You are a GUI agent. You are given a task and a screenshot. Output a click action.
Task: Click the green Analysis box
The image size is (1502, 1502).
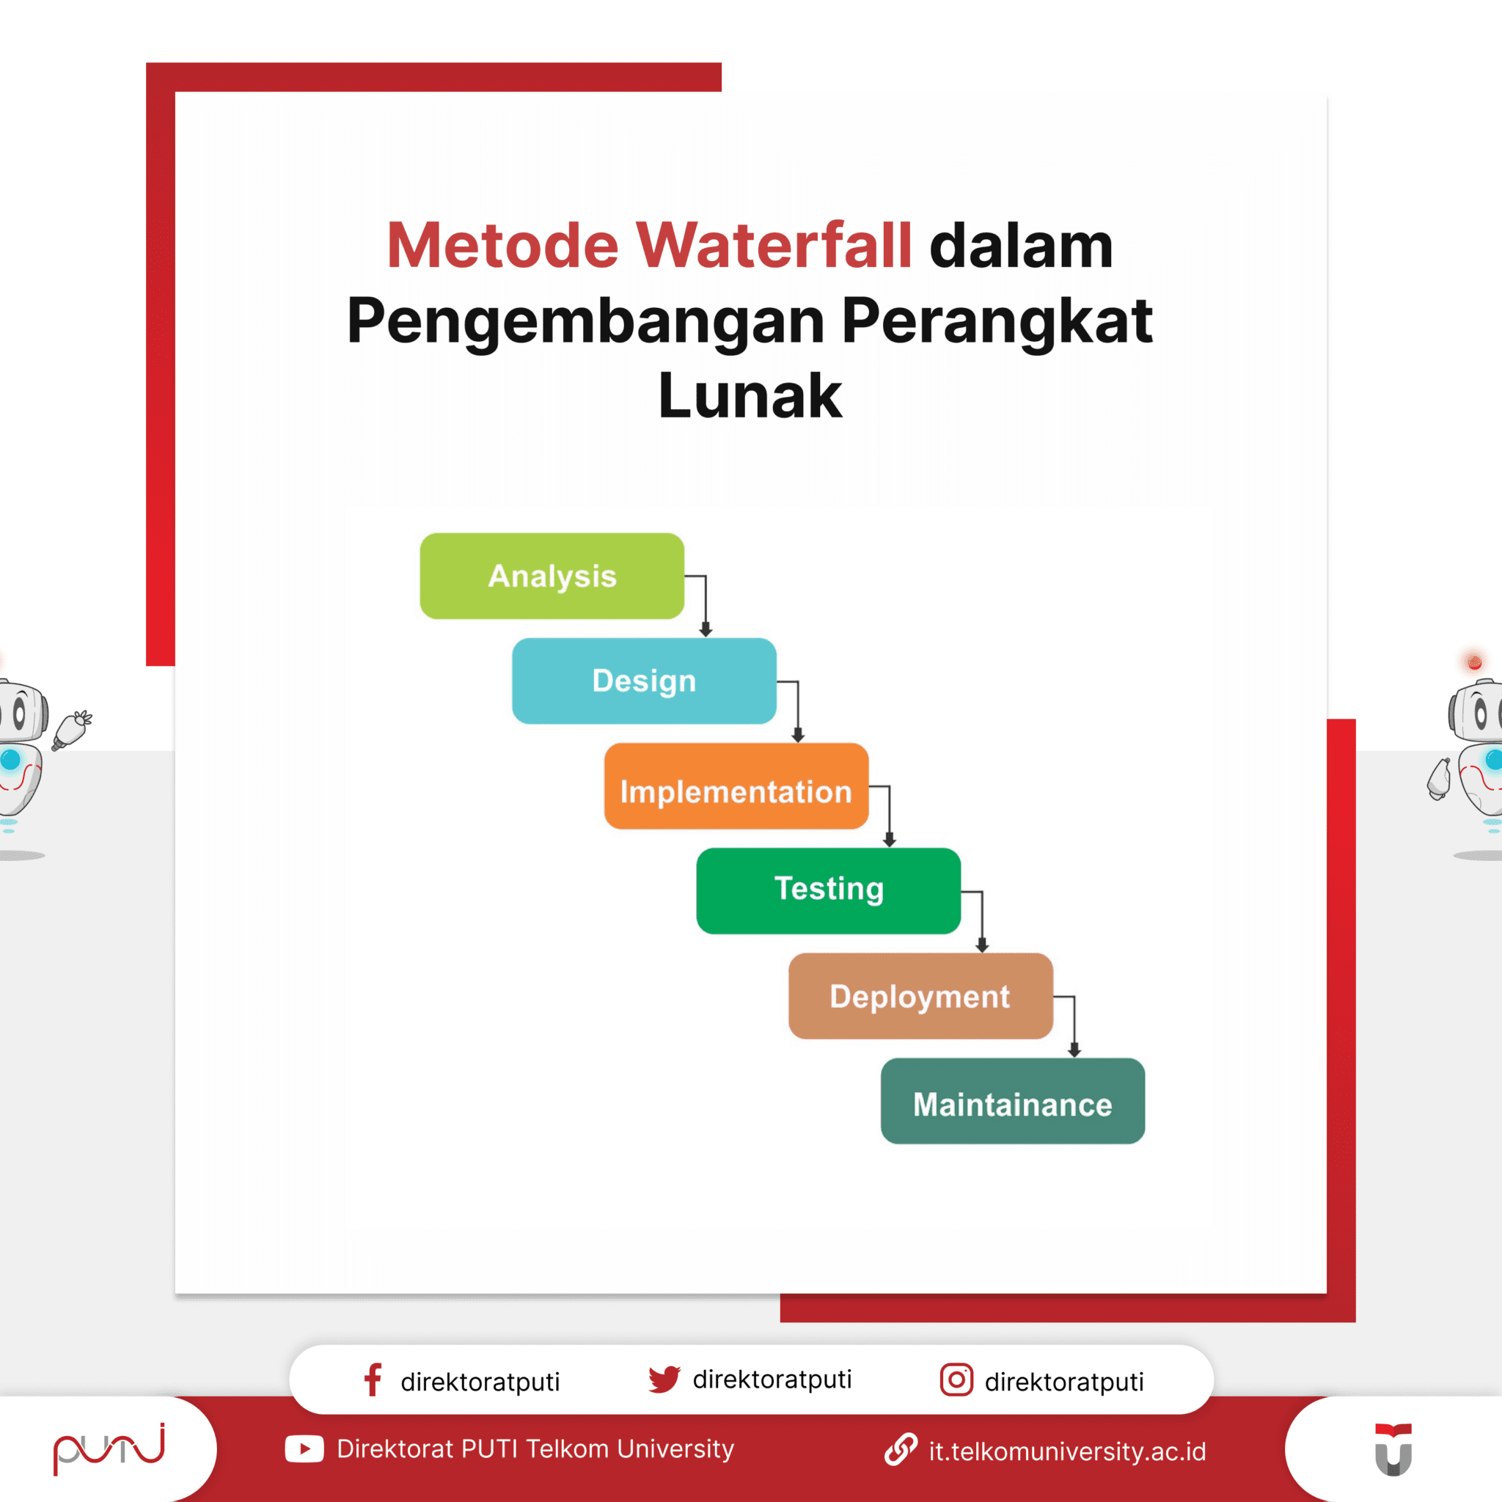[x=552, y=576]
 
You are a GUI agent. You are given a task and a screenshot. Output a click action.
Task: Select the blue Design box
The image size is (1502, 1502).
[x=644, y=681]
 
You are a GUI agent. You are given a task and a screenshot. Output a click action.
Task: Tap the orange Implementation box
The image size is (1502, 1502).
[x=736, y=786]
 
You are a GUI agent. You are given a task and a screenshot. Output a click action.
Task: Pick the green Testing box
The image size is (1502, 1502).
[x=828, y=891]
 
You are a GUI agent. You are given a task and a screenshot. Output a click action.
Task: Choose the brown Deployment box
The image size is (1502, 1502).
[x=920, y=996]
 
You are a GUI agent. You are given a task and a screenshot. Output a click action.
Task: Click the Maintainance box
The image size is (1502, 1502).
[x=1012, y=1101]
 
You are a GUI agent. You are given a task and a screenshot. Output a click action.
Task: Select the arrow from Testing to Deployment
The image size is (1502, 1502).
[x=982, y=921]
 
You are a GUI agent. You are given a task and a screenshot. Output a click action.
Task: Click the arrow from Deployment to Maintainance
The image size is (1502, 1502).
[x=1074, y=1026]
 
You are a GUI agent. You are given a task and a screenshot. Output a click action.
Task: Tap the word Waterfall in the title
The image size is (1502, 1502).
[x=774, y=246]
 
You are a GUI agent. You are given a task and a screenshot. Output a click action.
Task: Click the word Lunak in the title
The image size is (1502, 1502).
[x=750, y=397]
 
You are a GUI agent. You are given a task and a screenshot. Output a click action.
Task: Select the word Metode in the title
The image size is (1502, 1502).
[x=502, y=246]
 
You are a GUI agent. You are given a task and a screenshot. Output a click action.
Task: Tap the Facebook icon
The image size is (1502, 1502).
[x=373, y=1380]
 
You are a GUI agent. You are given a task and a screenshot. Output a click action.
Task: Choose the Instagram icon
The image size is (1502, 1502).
[x=956, y=1380]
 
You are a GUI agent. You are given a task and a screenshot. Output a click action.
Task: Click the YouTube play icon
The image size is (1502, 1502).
[x=304, y=1449]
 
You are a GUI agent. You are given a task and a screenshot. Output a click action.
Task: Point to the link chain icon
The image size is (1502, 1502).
[x=901, y=1450]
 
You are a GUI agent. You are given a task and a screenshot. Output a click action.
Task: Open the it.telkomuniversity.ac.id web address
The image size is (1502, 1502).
[x=1066, y=1451]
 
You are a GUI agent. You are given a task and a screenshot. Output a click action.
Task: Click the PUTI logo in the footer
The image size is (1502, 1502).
[x=109, y=1448]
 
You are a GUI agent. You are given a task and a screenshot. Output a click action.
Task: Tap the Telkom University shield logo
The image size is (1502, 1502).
[x=1393, y=1449]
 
